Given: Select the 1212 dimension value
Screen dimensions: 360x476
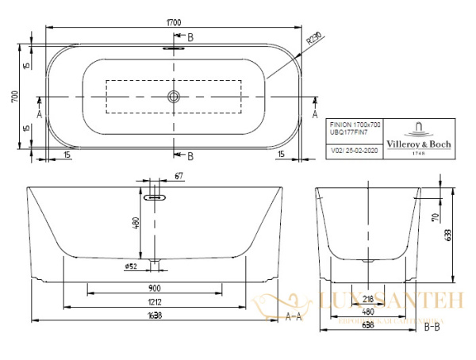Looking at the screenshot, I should [x=158, y=303].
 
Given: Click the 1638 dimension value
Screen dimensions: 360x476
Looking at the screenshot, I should [x=158, y=316].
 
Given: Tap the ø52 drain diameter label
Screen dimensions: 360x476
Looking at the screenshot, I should [x=132, y=266].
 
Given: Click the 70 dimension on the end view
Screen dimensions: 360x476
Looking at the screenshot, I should [x=436, y=216].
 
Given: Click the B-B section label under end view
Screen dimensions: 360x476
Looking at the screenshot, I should [x=432, y=325].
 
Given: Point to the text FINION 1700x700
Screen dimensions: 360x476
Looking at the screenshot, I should [x=355, y=124].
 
